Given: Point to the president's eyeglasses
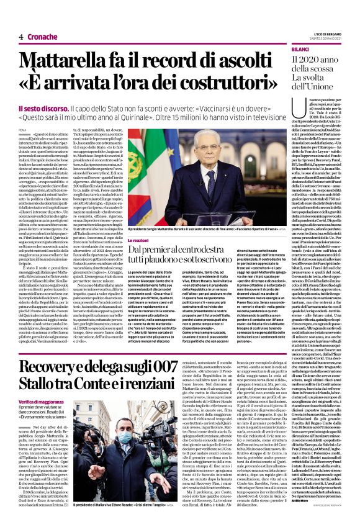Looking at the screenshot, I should (202, 163).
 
